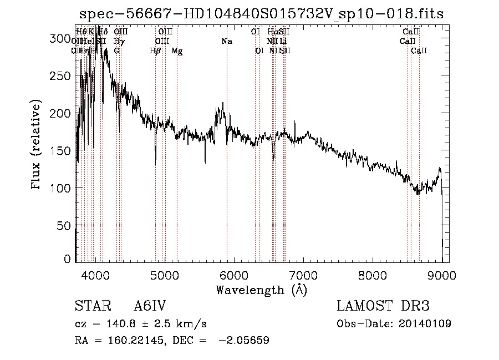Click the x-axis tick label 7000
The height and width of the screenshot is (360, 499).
pyautogui.click(x=303, y=275)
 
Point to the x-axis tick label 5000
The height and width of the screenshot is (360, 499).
pyautogui.click(x=165, y=275)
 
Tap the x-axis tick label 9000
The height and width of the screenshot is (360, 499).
pyautogui.click(x=442, y=275)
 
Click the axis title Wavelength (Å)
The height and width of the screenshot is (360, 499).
pyautogui.click(x=261, y=290)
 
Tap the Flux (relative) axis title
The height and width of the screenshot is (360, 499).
pyautogui.click(x=37, y=146)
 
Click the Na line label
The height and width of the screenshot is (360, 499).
pyautogui.click(x=226, y=42)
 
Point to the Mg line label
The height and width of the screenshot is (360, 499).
pyautogui.click(x=177, y=51)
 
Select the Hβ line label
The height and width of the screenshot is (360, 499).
pyautogui.click(x=155, y=51)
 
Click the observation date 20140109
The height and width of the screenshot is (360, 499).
pyautogui.click(x=425, y=324)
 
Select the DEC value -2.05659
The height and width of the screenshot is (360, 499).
pyautogui.click(x=244, y=341)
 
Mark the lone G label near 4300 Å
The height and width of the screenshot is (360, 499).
pyautogui.click(x=116, y=51)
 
